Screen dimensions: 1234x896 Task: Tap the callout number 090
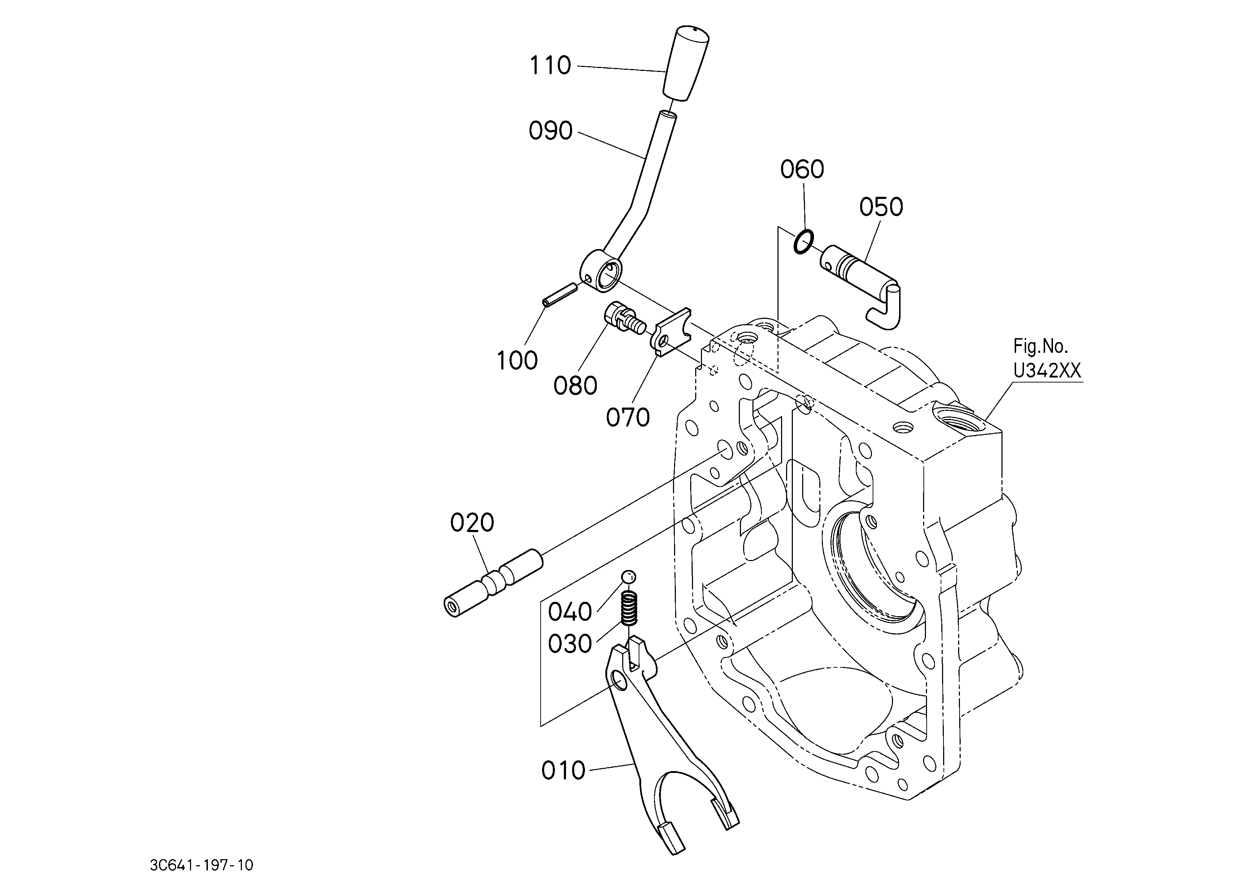point(551,131)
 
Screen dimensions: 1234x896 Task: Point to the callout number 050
point(881,207)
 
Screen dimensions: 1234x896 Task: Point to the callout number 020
point(472,523)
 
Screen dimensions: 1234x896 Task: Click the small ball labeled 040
point(628,577)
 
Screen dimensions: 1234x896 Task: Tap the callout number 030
point(570,644)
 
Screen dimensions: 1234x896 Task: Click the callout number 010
point(563,771)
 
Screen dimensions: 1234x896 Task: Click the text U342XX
point(1047,371)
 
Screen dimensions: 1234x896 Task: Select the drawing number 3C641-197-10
point(202,865)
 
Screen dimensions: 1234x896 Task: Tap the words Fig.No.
point(1040,346)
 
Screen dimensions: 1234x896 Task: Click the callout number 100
point(517,361)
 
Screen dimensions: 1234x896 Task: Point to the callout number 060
point(802,170)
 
